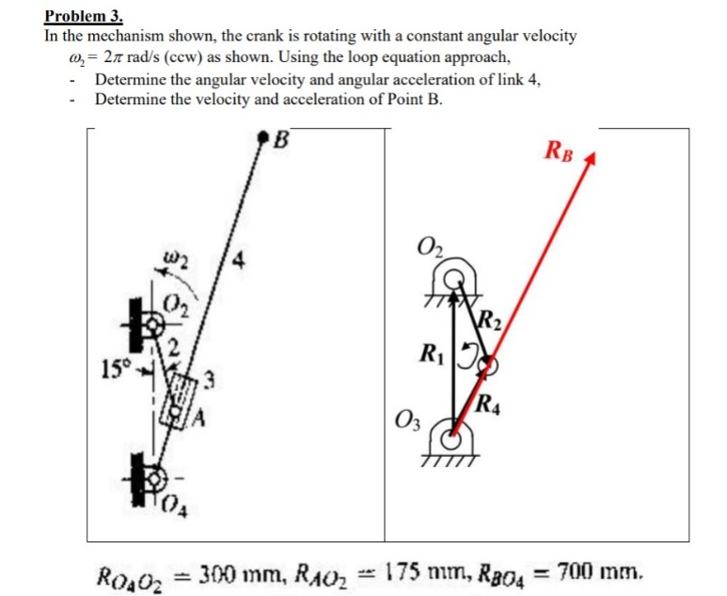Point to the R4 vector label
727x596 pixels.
click(x=489, y=407)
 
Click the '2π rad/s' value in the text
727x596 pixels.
click(x=119, y=56)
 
